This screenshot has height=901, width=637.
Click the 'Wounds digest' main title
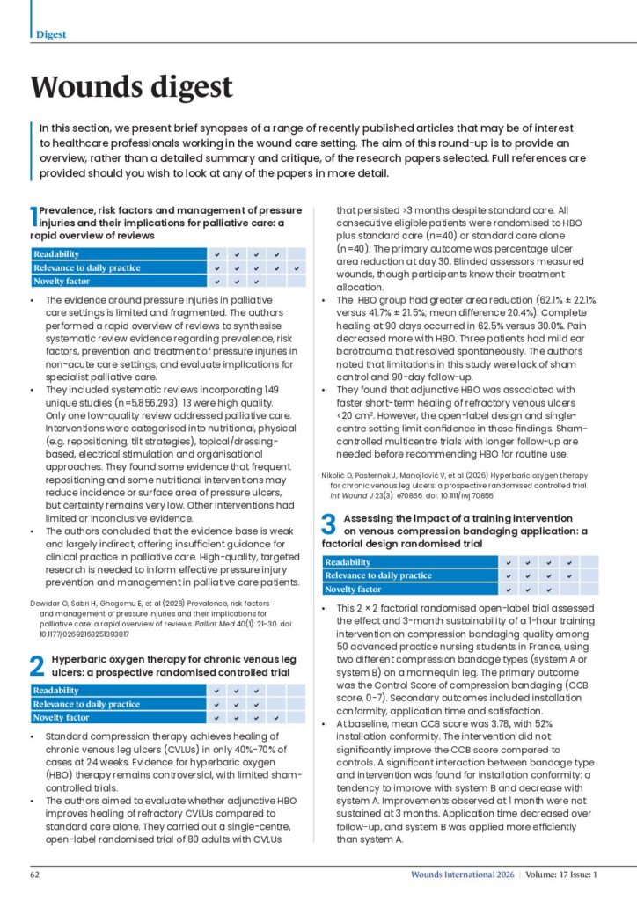[132, 87]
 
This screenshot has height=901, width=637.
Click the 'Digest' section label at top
[51, 34]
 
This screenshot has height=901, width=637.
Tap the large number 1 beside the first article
[34, 216]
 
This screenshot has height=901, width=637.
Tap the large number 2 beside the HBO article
[38, 665]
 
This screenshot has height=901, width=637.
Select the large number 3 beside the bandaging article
[328, 526]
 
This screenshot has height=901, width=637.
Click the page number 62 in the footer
[36, 875]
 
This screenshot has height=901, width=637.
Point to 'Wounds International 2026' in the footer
[462, 875]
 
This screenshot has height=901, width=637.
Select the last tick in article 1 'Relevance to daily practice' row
[297, 267]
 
